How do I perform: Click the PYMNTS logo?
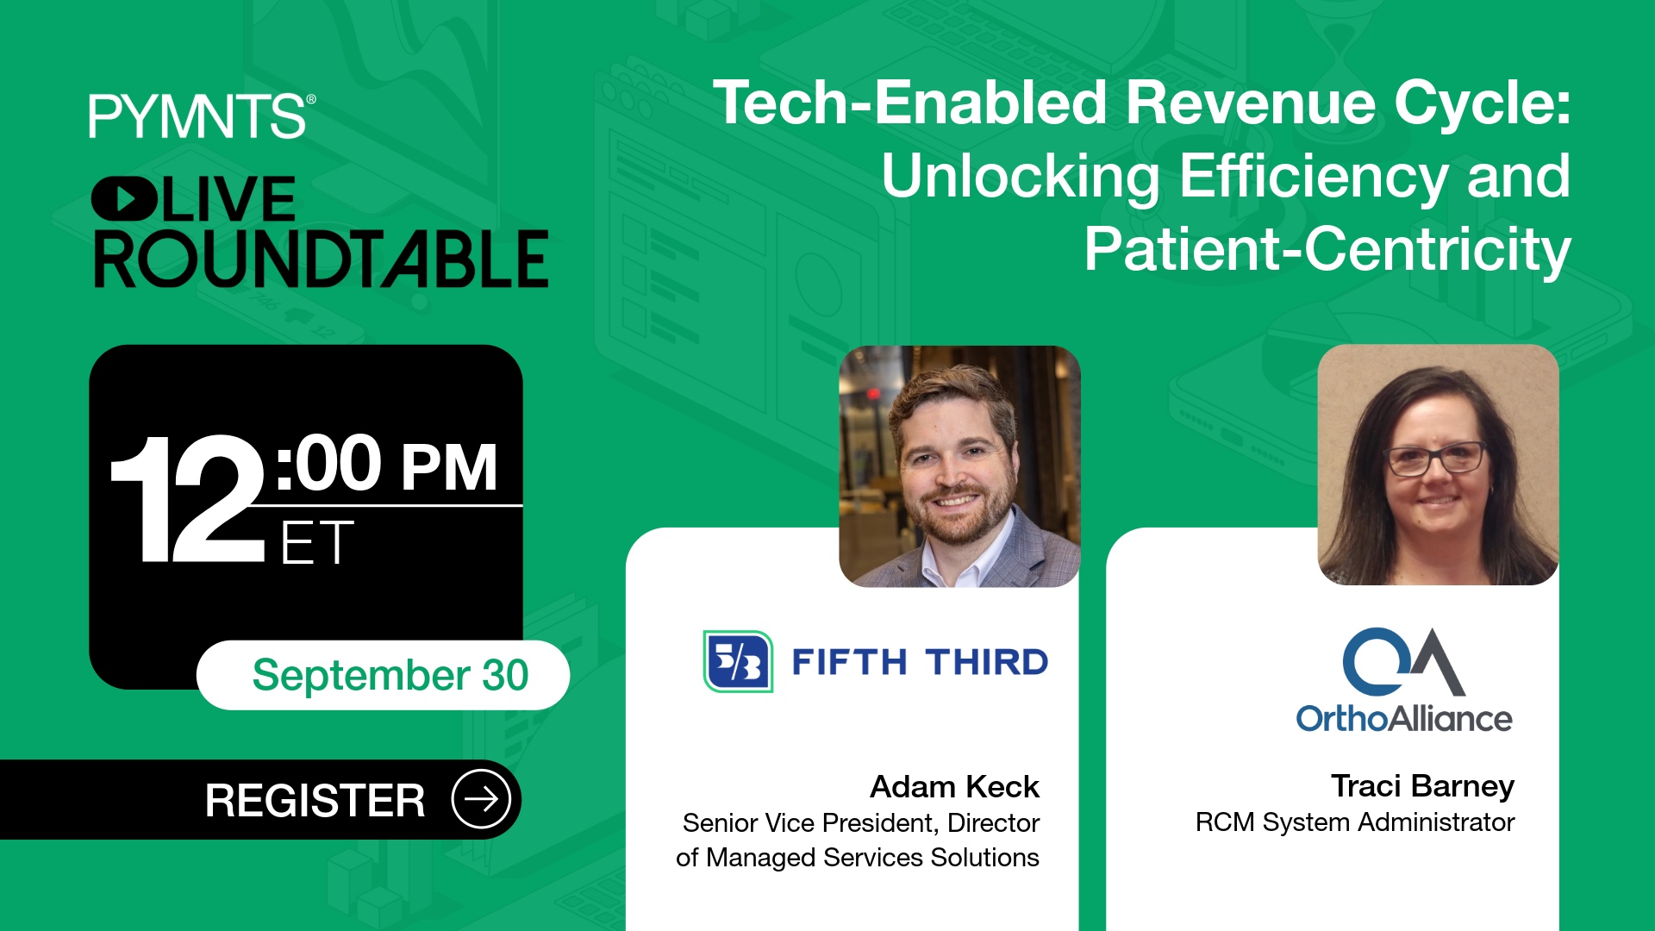pos(202,116)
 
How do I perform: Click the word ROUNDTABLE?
pos(322,259)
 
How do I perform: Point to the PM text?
pos(449,467)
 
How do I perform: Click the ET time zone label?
pos(317,543)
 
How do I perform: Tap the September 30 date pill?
pos(384,675)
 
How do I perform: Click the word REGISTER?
pos(315,801)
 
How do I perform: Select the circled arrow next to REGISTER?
pos(481,799)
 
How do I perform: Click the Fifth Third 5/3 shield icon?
pos(738,661)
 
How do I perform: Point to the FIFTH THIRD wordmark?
pos(920,662)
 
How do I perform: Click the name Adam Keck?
pos(954,786)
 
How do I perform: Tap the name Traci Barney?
pos(1422,786)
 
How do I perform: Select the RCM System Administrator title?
pos(1355,822)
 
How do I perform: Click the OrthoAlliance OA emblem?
pos(1403,661)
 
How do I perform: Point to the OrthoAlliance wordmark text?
pos(1404,718)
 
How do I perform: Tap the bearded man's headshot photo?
pos(959,466)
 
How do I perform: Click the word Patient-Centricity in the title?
pos(1327,250)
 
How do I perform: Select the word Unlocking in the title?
pos(1021,177)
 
